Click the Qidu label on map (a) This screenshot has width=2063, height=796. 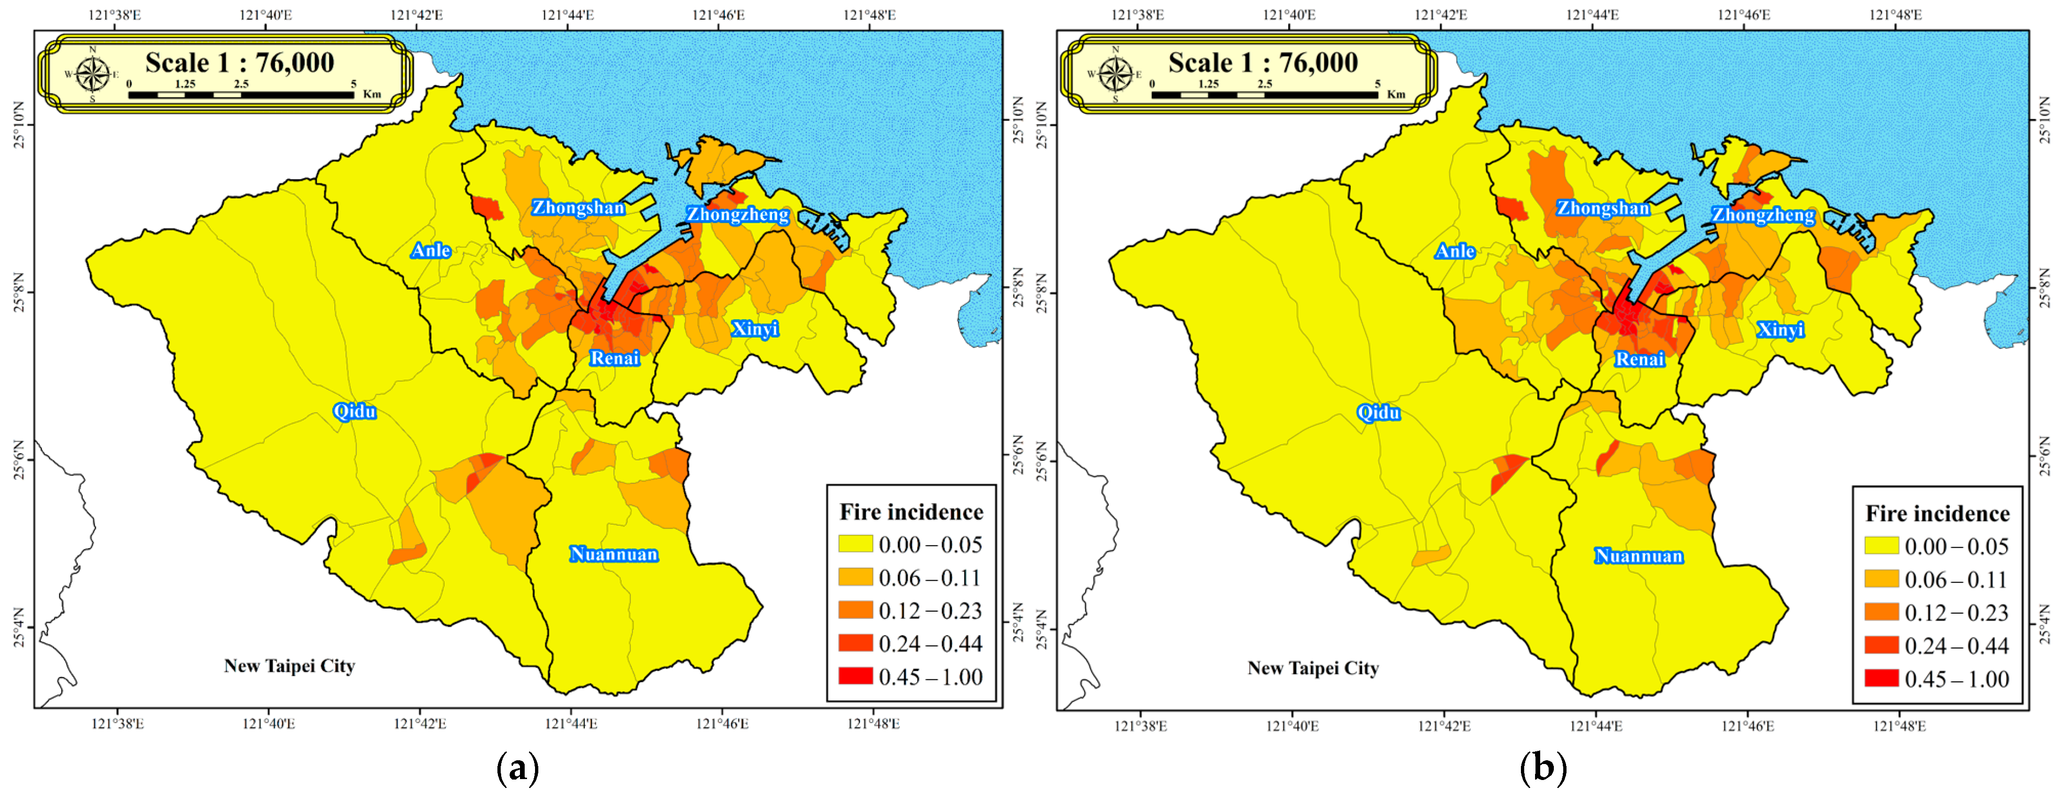point(354,411)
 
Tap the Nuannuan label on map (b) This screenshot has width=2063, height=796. point(1638,556)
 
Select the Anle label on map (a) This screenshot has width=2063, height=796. point(431,251)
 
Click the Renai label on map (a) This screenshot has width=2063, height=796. point(614,358)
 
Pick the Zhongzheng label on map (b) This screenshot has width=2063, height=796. point(1763,214)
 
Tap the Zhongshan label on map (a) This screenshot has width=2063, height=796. point(578,207)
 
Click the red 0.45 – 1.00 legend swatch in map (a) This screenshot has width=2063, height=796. point(855,676)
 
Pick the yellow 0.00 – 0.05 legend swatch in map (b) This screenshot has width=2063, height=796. point(1881,546)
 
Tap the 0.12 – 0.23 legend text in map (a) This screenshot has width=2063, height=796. point(930,611)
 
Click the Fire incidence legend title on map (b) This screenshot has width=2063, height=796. point(1937,513)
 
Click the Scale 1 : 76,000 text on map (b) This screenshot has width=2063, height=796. point(1263,63)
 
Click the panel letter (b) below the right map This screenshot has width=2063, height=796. point(1543,767)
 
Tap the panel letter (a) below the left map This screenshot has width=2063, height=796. point(517,767)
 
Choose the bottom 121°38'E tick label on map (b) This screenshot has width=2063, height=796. point(1141,725)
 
